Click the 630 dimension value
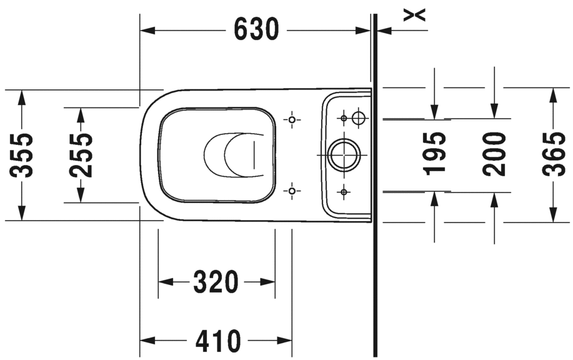point(256,29)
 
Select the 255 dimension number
point(81,155)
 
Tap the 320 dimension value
point(216,282)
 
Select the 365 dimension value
point(553,154)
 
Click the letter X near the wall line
point(414,14)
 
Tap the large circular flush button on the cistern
point(343,154)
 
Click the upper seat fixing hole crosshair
point(291,119)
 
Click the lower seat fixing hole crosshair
point(291,190)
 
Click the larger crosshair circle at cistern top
point(358,117)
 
